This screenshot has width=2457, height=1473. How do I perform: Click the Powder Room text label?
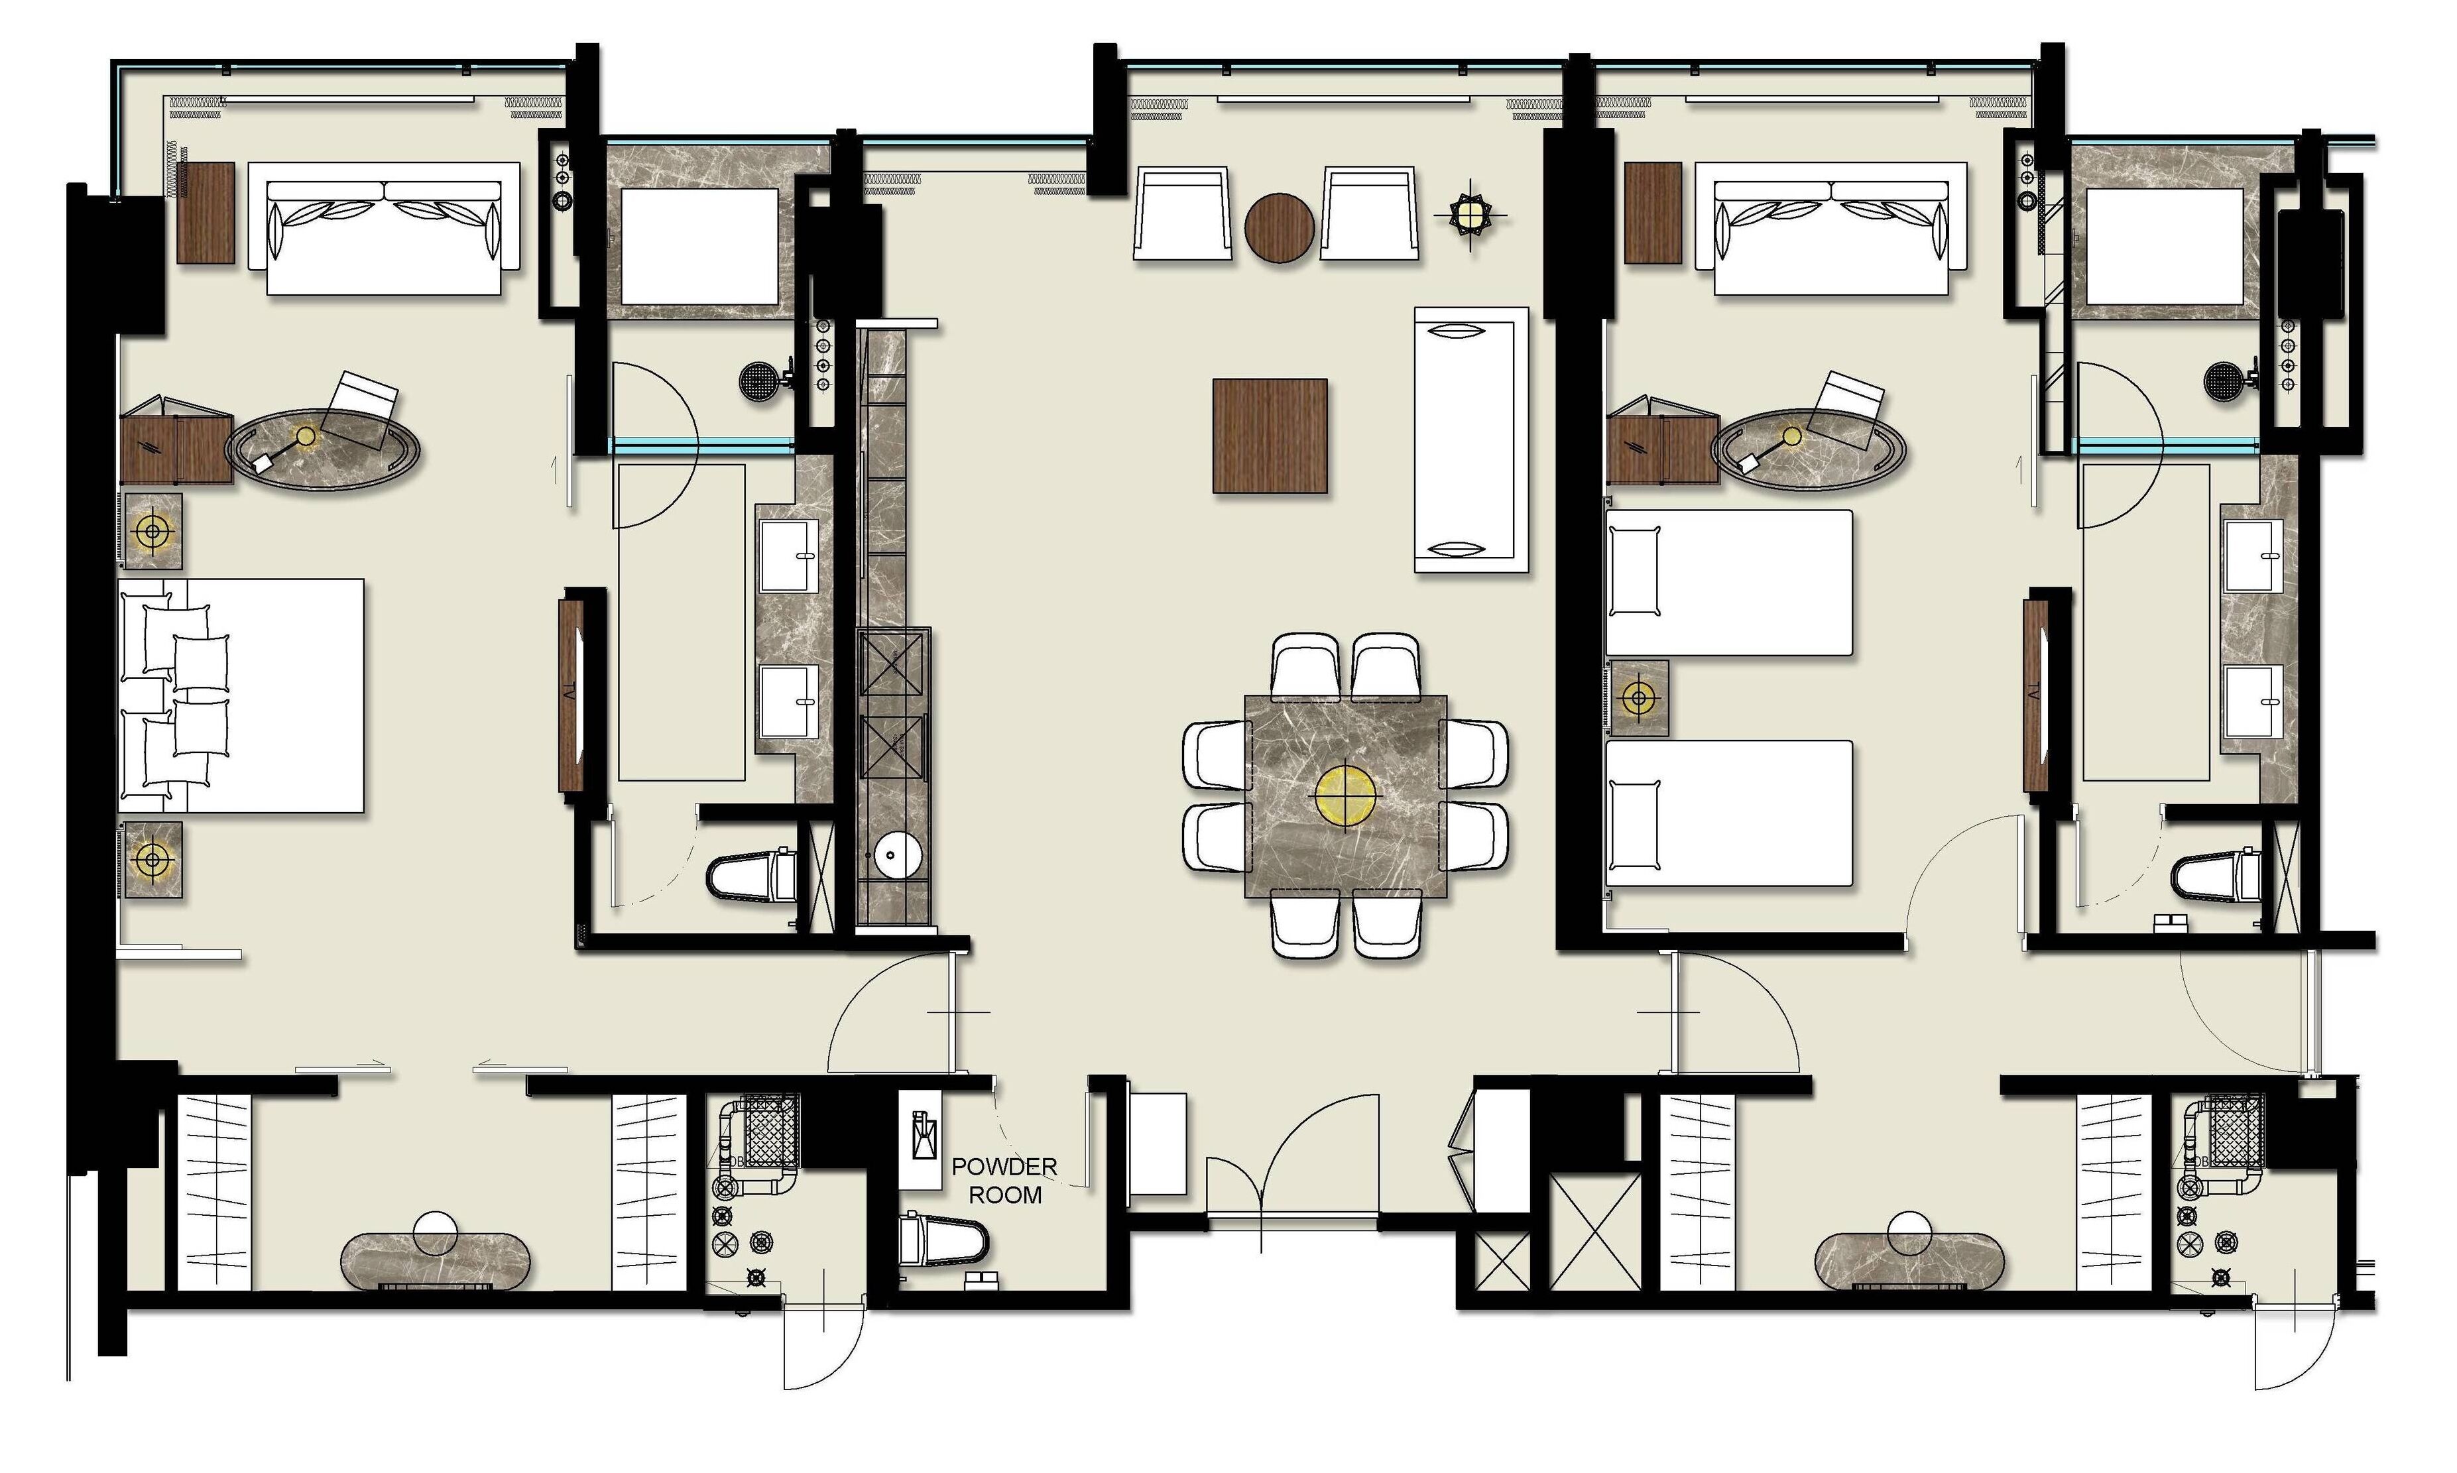coord(1004,1180)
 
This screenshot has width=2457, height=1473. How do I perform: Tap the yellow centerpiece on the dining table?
coord(1345,793)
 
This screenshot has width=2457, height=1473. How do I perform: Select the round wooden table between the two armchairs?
coord(1280,227)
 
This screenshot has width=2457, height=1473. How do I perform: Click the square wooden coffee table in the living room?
coord(1270,435)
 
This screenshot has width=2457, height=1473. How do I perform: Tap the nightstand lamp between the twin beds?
coord(1638,699)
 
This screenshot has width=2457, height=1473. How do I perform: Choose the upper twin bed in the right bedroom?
coord(1729,583)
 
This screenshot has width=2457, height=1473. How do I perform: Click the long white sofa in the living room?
coord(1470,440)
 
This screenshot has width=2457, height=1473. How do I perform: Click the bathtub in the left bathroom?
coord(699,246)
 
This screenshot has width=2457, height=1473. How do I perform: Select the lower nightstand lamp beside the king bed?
coord(152,858)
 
